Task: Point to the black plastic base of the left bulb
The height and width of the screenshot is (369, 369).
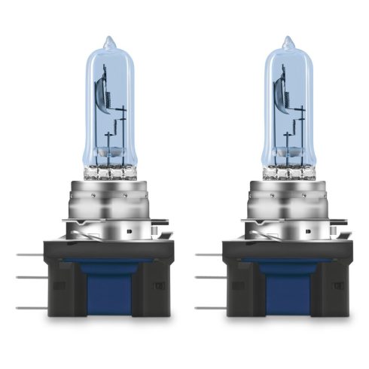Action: (64, 286)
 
